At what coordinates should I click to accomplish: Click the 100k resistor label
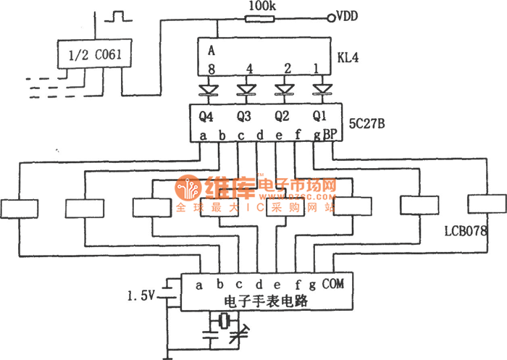coord(260,6)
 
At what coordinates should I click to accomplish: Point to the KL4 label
coord(351,55)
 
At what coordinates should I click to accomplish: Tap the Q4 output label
coord(206,115)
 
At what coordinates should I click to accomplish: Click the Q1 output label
coord(319,115)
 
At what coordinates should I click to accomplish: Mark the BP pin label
coord(331,134)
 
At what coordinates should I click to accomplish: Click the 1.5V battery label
coord(142,296)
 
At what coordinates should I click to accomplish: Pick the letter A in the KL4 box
coord(211,50)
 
